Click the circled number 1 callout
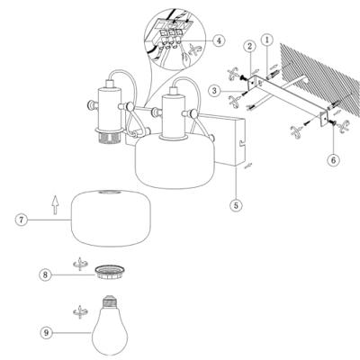coord(267,40)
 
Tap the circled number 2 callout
coord(249,47)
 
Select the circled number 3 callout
coord(214,91)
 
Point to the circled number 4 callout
coord(219,40)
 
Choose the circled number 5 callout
coord(236,205)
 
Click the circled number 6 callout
coord(333,160)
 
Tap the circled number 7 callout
coord(21,220)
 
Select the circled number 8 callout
coord(45,274)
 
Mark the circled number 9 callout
coord(46,332)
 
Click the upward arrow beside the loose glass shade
coord(55,205)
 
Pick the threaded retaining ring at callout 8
coord(110,272)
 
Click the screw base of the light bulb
coord(110,302)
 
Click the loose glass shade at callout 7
coord(111,218)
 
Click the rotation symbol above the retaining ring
coord(79,264)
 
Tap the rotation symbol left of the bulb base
coord(79,312)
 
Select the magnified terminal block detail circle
coord(175,40)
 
